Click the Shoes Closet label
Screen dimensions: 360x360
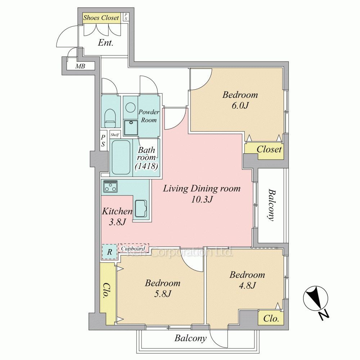point(101,18)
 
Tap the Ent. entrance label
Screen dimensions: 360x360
point(105,43)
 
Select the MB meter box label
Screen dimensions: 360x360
point(80,66)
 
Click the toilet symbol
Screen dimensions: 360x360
point(110,118)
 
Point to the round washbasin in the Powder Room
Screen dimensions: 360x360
point(130,107)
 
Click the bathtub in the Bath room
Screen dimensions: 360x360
point(121,157)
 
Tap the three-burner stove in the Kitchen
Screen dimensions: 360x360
point(111,186)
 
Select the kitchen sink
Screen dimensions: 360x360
point(141,208)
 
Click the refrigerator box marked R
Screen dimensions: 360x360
point(109,252)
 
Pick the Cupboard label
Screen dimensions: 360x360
point(133,248)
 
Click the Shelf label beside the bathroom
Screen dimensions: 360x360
point(114,135)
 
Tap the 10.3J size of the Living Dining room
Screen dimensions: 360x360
point(202,199)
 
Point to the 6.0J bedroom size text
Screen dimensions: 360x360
point(240,105)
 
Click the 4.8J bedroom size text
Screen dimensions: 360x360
point(247,285)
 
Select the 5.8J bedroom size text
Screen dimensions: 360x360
point(163,294)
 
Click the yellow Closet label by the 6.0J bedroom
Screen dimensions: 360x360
point(269,149)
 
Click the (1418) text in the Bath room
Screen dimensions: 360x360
point(147,166)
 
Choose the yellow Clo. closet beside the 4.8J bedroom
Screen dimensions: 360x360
point(271,318)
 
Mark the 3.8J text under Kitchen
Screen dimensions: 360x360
point(117,222)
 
